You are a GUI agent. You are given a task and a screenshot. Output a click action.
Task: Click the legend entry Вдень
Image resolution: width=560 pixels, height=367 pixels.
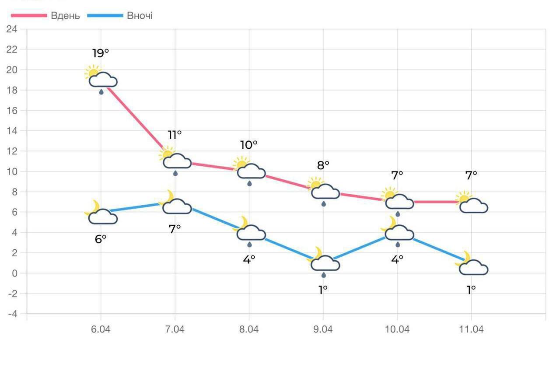65,16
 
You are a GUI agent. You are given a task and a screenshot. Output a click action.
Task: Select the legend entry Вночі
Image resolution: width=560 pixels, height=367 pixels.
140,16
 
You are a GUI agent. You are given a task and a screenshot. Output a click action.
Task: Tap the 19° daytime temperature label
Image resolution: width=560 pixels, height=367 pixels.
101,53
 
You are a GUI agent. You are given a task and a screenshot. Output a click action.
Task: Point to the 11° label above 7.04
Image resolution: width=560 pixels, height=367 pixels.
175,135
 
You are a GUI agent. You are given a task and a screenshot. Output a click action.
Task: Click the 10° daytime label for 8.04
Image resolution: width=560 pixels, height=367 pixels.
248,145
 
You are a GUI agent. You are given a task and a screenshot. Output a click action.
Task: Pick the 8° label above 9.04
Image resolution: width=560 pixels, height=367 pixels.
323,165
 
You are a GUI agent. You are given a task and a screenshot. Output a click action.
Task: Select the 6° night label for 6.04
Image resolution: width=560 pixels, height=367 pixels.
101,239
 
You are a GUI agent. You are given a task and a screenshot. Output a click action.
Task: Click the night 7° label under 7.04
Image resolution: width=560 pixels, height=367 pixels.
175,228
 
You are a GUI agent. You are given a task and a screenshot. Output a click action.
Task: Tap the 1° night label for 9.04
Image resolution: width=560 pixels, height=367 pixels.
323,290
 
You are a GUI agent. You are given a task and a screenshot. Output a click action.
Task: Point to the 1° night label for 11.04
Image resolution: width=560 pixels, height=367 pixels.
471,290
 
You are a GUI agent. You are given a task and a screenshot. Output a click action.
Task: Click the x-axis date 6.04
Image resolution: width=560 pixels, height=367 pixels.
101,329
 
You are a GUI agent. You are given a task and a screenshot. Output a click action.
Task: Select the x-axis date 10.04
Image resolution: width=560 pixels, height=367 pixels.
397,329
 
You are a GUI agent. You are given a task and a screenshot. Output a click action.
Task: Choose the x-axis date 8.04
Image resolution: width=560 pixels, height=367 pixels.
249,329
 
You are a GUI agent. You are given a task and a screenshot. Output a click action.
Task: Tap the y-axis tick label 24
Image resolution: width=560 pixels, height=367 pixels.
12,29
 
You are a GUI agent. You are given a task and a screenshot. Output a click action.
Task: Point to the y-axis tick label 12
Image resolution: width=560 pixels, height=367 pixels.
12,151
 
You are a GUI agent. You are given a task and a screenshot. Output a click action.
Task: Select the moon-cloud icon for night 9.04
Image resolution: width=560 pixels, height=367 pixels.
324,261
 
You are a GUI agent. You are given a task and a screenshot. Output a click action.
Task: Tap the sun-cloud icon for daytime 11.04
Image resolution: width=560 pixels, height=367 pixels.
472,203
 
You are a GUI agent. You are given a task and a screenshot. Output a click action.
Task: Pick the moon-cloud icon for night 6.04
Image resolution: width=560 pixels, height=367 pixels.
101,214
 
